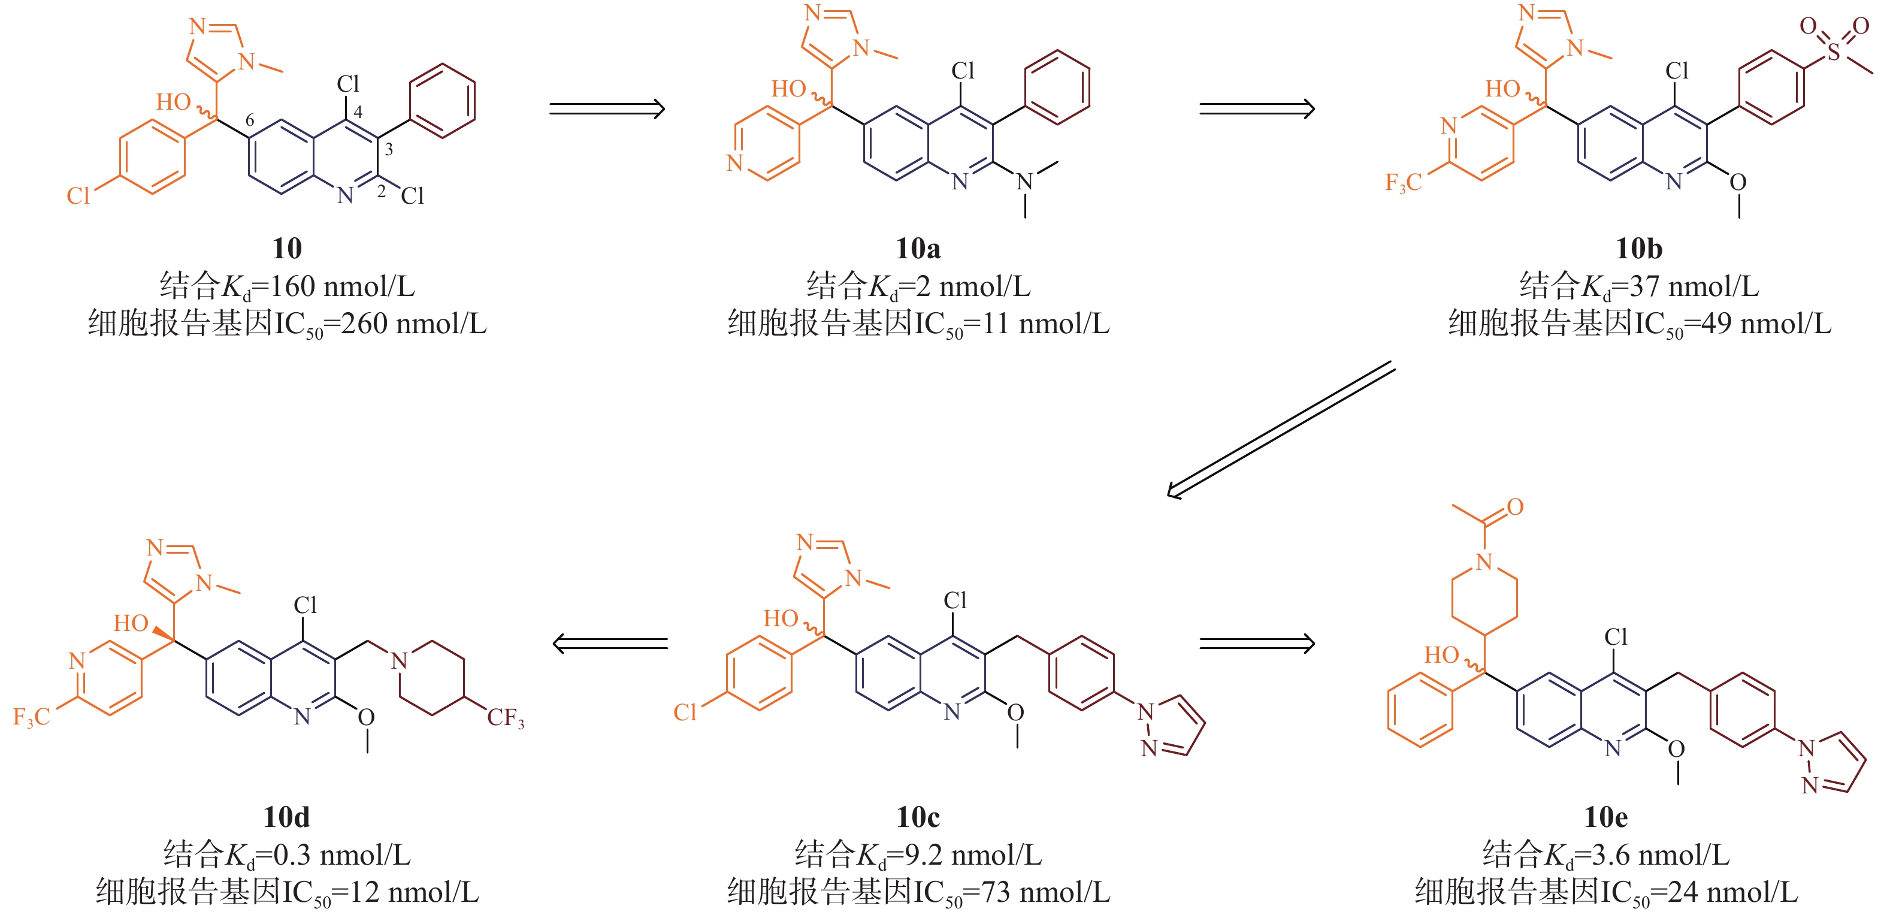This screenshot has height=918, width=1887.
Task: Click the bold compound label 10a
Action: (918, 249)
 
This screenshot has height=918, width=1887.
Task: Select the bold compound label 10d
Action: (286, 817)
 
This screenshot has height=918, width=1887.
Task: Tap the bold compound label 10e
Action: (1605, 817)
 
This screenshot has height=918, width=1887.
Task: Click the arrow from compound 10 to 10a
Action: (606, 109)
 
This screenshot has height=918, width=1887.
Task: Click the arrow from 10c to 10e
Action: (1256, 644)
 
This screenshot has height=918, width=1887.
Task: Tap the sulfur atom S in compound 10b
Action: (1833, 52)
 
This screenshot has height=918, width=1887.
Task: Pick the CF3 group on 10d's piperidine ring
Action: (506, 718)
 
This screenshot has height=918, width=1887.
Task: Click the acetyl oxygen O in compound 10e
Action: (1515, 507)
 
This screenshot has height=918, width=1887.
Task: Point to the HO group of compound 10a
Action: (788, 89)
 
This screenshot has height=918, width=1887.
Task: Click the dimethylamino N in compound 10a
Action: (1025, 182)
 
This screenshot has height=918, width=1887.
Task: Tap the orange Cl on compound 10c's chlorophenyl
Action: (685, 712)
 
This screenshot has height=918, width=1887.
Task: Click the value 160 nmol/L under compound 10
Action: (342, 286)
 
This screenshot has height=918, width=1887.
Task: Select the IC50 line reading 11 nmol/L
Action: (918, 323)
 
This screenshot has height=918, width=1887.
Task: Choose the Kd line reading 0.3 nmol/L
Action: (286, 855)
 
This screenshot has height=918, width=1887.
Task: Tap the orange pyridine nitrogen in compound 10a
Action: (734, 162)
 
